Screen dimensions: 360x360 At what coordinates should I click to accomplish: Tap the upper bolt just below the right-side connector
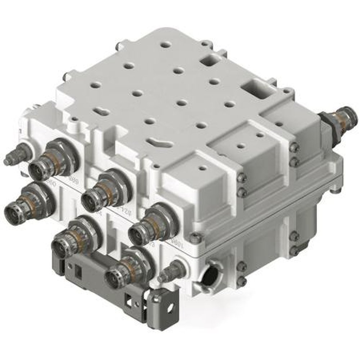(x=295, y=147)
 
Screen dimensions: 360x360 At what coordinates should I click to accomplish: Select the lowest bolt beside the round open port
(x=242, y=281)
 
